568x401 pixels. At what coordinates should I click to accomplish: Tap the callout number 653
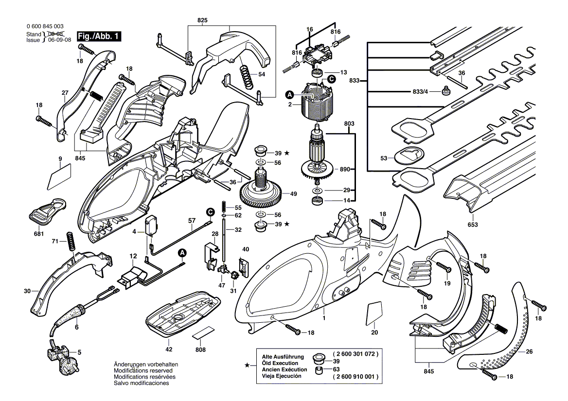coord(472,225)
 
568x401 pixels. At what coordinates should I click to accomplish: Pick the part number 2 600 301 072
coord(355,354)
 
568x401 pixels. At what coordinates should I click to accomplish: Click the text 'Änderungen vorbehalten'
coord(145,364)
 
